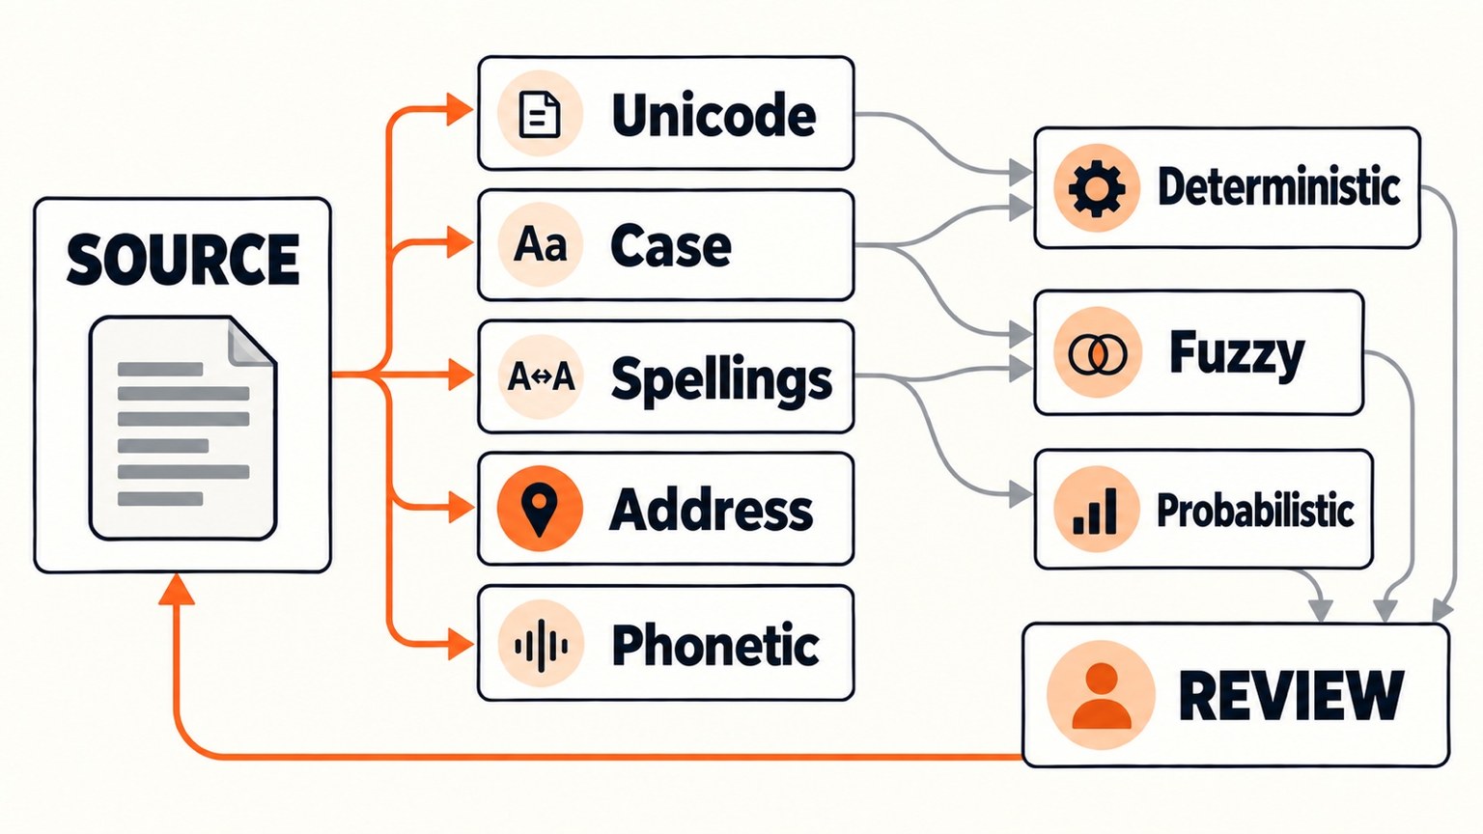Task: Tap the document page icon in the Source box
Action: click(182, 428)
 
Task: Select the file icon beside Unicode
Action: click(540, 115)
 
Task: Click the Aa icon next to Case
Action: click(541, 244)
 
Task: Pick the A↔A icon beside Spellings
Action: click(541, 377)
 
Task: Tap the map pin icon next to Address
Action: click(540, 509)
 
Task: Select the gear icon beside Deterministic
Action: click(1097, 188)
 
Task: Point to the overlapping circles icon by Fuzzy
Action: click(1097, 352)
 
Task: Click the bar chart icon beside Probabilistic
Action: click(1097, 511)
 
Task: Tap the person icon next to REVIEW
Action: click(1101, 695)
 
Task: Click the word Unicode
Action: click(714, 115)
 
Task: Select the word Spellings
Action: click(721, 379)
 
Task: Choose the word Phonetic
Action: click(715, 645)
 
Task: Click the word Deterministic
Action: click(1278, 186)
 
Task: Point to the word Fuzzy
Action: click(1238, 355)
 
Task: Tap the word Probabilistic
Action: click(1255, 511)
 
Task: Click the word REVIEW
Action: click(1292, 696)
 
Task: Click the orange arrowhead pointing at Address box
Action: click(462, 509)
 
